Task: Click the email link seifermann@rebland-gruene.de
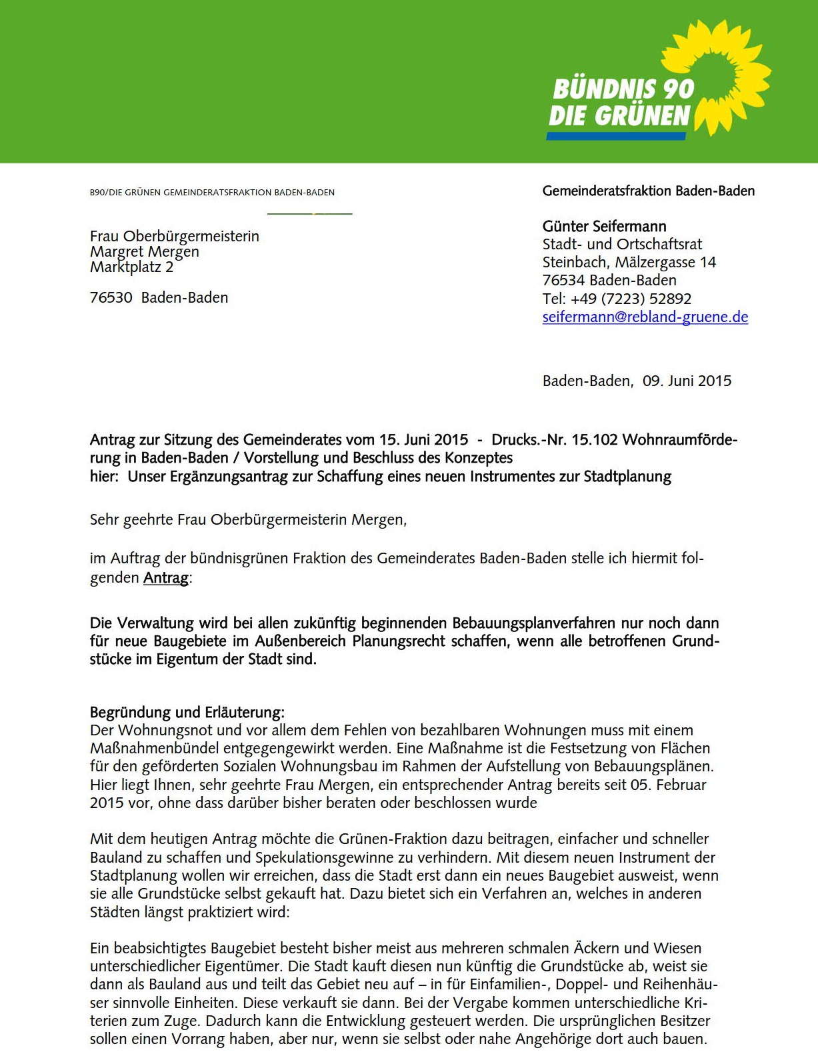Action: tap(645, 317)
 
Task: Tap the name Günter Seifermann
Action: tap(604, 227)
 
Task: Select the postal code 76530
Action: tap(111, 298)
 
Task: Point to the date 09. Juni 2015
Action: tap(687, 381)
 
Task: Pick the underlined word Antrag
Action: tap(166, 578)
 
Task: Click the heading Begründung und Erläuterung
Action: tap(187, 713)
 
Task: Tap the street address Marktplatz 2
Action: tap(131, 267)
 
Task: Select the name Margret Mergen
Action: tap(145, 252)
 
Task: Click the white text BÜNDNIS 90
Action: tap(623, 89)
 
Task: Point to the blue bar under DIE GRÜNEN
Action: tap(616, 136)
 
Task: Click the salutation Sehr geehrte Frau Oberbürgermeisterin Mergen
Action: tap(248, 520)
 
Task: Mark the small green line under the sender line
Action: tap(309, 214)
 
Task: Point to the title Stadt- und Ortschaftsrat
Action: tap(622, 245)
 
